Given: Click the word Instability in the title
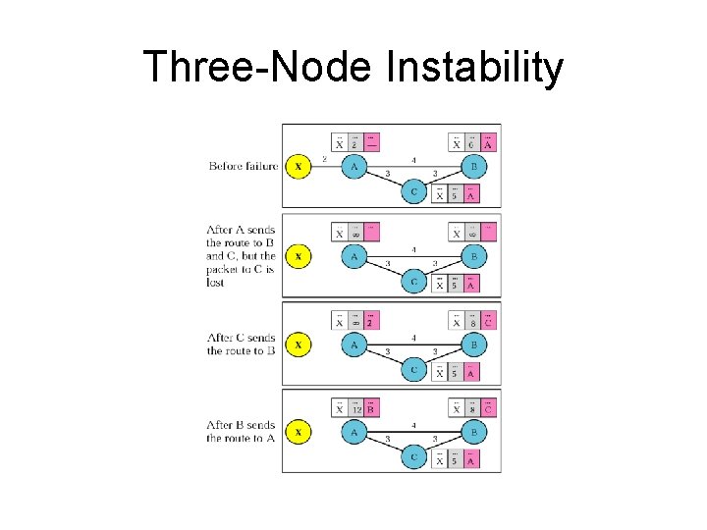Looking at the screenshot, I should coord(475,69).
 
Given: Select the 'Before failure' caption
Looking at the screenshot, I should coord(244,166).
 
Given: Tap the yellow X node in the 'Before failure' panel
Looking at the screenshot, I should coord(299,167).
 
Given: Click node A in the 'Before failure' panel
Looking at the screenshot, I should coord(353,167).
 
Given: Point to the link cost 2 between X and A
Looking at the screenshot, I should coord(325,159).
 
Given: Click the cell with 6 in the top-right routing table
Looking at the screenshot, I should coord(472,143).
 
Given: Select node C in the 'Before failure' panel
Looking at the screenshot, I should coord(413,192).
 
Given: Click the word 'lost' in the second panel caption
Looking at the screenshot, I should coord(215,283).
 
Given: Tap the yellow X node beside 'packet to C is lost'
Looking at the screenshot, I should coord(299,257).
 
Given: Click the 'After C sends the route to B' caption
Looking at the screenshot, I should coord(241,344).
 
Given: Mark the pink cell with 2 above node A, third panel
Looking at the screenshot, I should coord(370,322).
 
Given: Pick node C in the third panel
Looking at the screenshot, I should coord(413,370).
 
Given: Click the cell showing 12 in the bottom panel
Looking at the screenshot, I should coord(354,409).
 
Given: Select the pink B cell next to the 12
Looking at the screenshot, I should coord(370,409).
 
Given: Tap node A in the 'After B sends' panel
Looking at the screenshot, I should coord(353,432).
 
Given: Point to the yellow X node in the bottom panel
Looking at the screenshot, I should coord(299,432).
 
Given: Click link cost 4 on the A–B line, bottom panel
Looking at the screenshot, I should coord(413,425).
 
